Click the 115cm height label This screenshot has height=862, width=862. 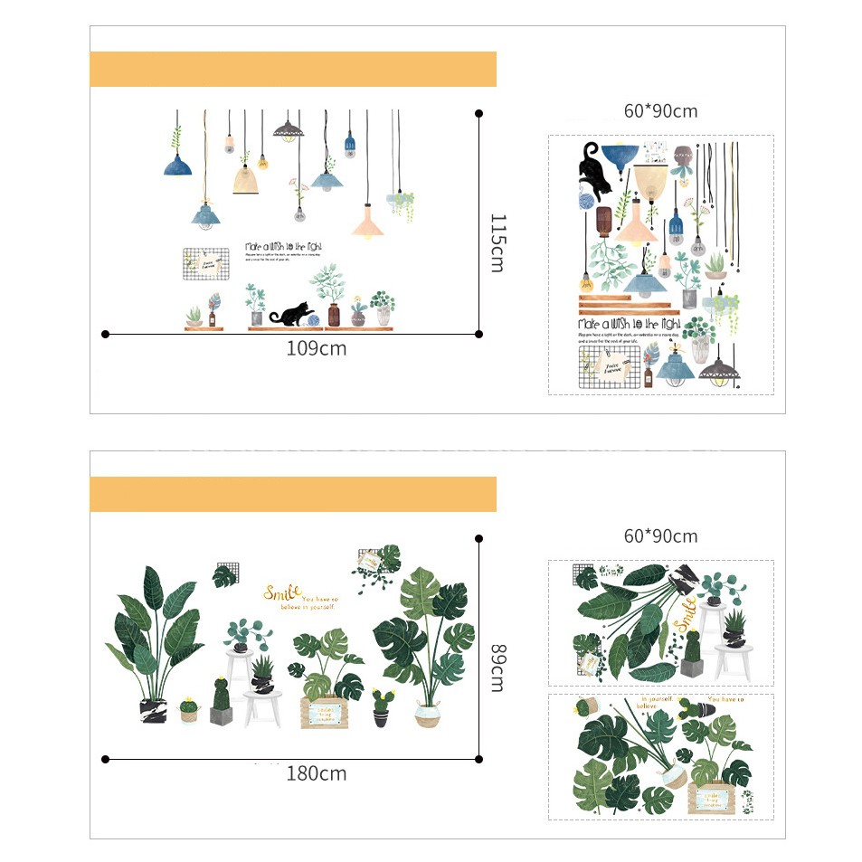pos(497,242)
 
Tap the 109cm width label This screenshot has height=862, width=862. pos(316,348)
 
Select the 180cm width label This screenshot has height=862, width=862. pos(316,773)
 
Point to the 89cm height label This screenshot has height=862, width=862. pos(497,667)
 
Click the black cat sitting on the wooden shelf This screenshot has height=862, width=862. pos(289,313)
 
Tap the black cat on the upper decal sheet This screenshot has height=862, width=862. pos(594,168)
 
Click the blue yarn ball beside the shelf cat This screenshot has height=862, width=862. pos(312,319)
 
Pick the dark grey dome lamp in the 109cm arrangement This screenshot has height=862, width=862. pos(289,130)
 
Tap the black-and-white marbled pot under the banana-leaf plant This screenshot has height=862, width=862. pos(154,710)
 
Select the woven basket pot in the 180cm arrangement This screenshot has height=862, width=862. pos(428,713)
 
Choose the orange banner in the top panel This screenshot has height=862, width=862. pos(293,70)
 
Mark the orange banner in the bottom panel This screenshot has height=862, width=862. pos(293,495)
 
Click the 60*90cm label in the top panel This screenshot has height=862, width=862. pos(660,111)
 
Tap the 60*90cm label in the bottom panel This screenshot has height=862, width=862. pos(660,536)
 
